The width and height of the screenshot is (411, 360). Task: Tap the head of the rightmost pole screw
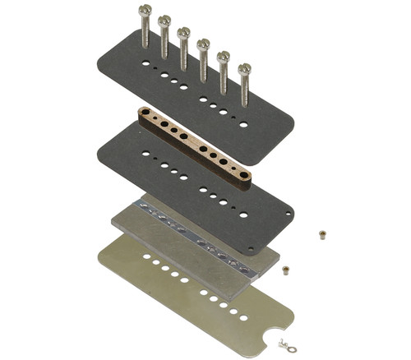(245, 70)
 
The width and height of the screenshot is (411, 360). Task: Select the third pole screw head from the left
(184, 34)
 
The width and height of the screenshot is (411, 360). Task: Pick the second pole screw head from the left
(164, 21)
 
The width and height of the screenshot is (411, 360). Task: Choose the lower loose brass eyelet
(286, 269)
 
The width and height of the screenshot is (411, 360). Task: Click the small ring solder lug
(284, 343)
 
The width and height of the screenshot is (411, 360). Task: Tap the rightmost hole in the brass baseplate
(242, 316)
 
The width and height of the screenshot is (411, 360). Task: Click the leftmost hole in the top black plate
(145, 63)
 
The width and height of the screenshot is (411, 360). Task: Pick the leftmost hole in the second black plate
(145, 153)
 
